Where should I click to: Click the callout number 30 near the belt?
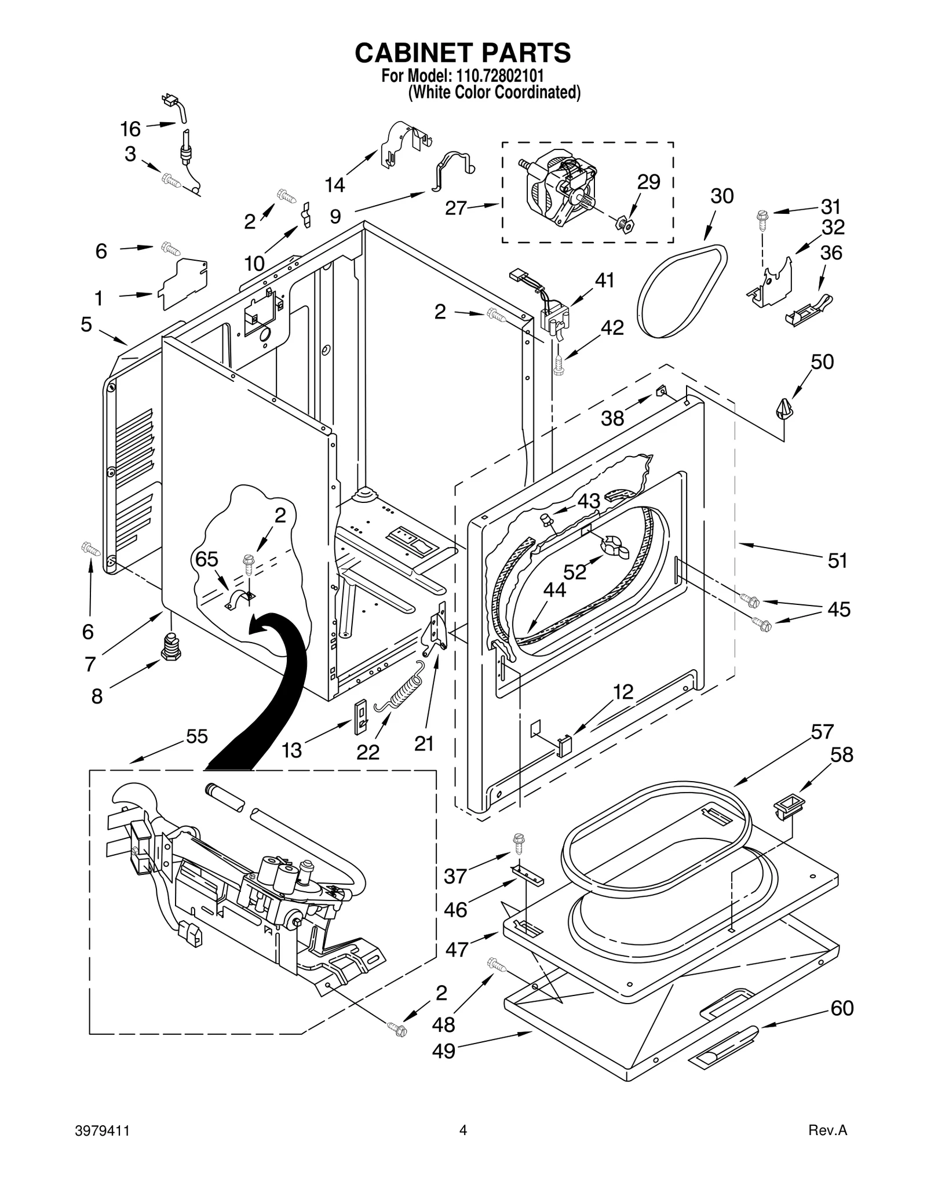click(x=722, y=196)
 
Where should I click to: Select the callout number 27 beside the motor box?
click(x=456, y=207)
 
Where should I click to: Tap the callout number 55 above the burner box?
click(x=197, y=736)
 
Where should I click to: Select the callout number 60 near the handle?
click(x=842, y=1008)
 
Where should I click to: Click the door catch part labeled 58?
click(x=789, y=806)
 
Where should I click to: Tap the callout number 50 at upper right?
click(x=822, y=362)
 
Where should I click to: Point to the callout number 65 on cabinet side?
click(x=206, y=559)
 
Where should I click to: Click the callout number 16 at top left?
click(x=130, y=129)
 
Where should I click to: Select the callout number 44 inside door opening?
click(x=554, y=590)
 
